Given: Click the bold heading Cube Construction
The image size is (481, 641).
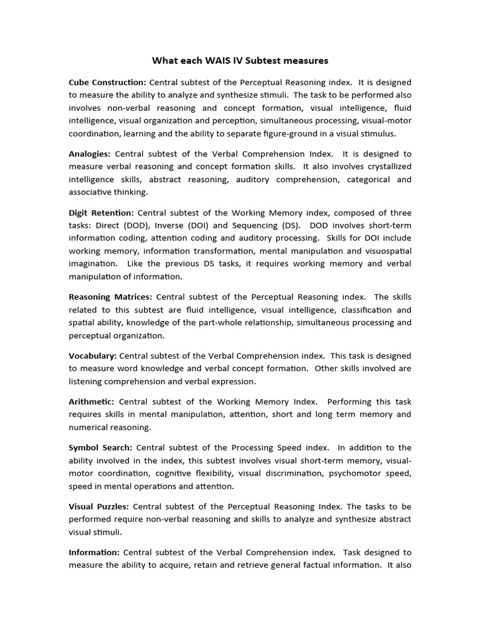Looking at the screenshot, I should tap(107, 82).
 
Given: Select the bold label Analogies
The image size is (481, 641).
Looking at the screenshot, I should tap(90, 153).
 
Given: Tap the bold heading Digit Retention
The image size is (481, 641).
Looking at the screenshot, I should tap(101, 212).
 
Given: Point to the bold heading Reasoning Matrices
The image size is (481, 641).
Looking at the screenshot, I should tap(110, 297).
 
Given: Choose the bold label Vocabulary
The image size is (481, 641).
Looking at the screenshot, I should tap(93, 356).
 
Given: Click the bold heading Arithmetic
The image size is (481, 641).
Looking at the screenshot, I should tap(91, 401).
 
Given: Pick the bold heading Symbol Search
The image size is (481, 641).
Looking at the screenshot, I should tap(100, 448).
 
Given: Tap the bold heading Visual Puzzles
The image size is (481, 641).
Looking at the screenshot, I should tap(99, 506).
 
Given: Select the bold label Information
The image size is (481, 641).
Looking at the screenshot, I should tap(94, 553).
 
